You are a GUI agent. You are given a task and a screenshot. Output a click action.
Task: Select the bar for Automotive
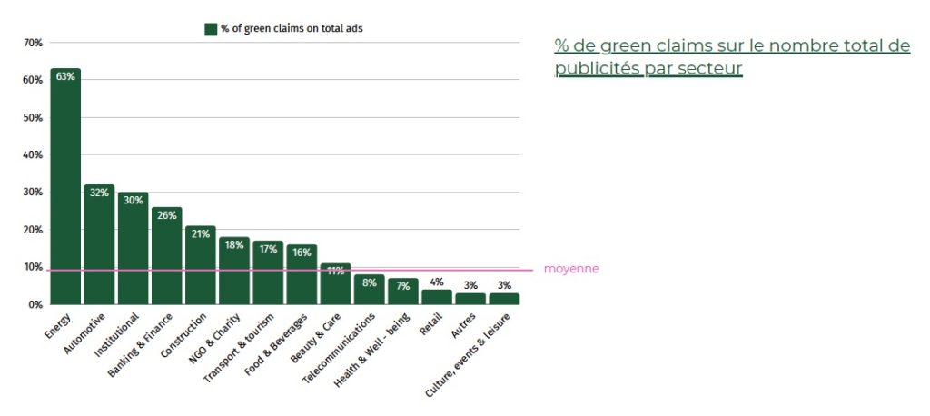point(99,244)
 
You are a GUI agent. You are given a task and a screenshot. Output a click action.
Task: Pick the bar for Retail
point(436,297)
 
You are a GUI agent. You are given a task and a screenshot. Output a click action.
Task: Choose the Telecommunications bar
point(369,290)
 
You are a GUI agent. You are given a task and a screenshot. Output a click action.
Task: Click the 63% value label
point(65,76)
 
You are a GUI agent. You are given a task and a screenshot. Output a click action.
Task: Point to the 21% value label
point(200,233)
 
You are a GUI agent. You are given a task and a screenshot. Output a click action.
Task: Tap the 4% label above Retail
point(436,282)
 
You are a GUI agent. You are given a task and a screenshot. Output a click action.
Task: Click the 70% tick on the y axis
point(33,43)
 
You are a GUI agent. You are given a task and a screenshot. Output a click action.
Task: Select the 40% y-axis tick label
point(33,155)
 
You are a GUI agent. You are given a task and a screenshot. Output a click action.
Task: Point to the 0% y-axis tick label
point(35,305)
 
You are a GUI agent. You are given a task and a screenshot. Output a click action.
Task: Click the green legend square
point(211,29)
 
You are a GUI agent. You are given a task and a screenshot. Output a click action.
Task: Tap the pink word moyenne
point(571,270)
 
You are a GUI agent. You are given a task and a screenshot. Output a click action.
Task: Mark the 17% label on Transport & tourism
point(267,248)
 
